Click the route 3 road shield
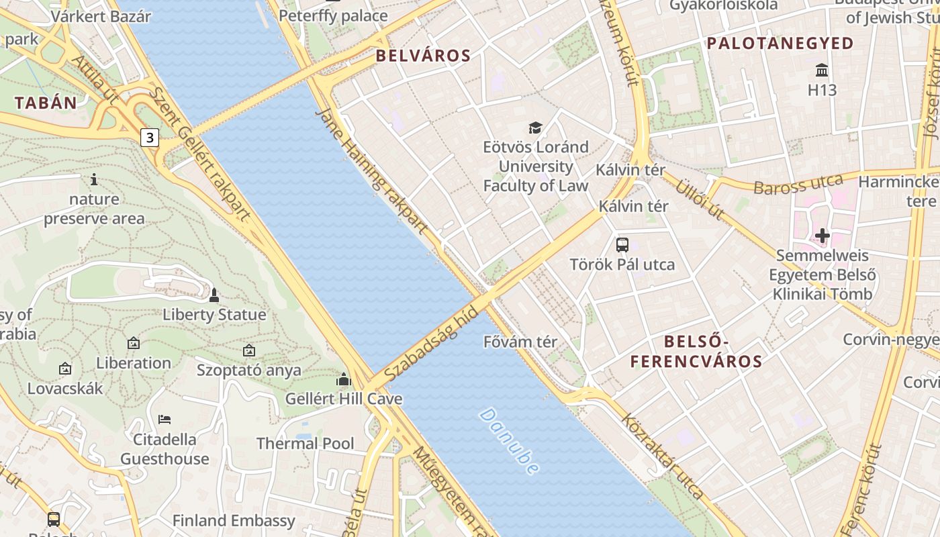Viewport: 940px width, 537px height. point(149,138)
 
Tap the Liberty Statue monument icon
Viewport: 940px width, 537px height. point(214,295)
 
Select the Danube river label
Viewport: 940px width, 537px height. point(510,441)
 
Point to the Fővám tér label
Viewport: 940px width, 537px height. point(520,342)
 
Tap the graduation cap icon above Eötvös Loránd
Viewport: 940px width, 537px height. point(535,128)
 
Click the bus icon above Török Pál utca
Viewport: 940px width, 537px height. point(622,245)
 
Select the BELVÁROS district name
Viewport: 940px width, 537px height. point(423,56)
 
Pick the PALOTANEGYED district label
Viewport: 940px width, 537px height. point(780,44)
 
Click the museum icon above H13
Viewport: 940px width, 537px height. point(822,70)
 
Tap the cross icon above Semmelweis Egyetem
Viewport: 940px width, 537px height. point(822,236)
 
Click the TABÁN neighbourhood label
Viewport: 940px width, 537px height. point(46,103)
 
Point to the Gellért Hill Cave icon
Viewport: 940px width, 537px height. point(344,380)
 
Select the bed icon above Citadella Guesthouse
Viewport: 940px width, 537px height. point(164,420)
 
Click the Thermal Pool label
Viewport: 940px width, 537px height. point(305,444)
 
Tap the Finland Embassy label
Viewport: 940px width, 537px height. point(234,521)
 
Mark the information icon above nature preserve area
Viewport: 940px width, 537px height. point(94,179)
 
